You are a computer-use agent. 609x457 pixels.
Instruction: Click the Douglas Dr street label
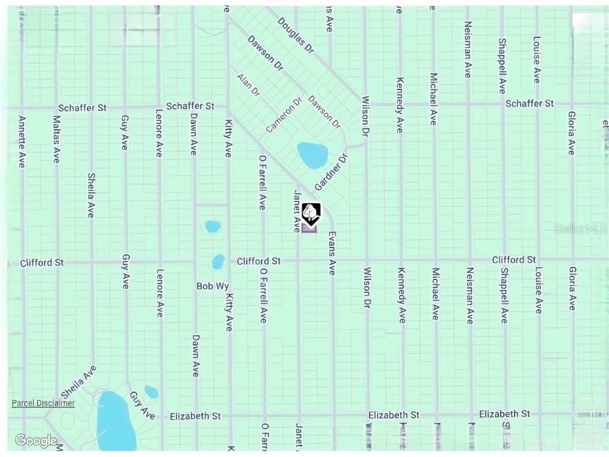(295, 35)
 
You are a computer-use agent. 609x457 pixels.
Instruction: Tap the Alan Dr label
(248, 85)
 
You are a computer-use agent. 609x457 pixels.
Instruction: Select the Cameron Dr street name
(285, 114)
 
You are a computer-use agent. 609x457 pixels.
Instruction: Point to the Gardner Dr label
(331, 172)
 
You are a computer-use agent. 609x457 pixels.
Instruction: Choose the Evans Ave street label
(332, 254)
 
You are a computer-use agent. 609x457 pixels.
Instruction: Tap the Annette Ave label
(21, 142)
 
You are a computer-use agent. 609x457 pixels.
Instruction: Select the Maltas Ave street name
(56, 139)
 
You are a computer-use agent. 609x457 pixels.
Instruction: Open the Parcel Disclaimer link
(43, 403)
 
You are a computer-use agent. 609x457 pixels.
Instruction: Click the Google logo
(36, 441)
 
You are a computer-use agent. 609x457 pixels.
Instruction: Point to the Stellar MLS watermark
(580, 229)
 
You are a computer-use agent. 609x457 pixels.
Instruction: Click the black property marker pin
(311, 214)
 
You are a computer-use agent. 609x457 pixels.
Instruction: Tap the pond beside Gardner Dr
(312, 154)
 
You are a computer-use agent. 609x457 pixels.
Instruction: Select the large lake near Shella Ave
(115, 421)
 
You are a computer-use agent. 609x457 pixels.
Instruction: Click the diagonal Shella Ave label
(79, 382)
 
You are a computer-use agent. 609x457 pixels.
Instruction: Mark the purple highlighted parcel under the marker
(309, 228)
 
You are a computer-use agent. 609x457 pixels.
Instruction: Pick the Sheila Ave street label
(91, 195)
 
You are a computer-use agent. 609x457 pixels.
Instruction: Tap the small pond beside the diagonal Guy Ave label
(151, 392)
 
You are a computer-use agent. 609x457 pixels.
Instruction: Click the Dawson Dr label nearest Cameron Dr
(324, 112)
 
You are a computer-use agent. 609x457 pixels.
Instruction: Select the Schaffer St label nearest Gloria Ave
(529, 103)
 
